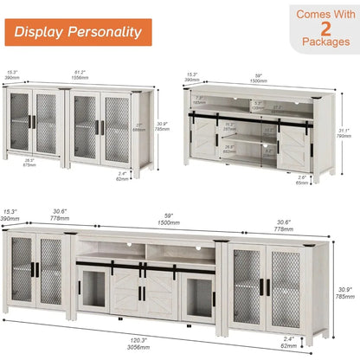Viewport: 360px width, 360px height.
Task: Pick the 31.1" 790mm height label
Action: tap(344, 132)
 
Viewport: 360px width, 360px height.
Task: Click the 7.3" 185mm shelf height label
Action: tap(200, 100)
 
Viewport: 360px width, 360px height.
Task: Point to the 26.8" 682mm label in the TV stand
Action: tap(230, 149)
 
